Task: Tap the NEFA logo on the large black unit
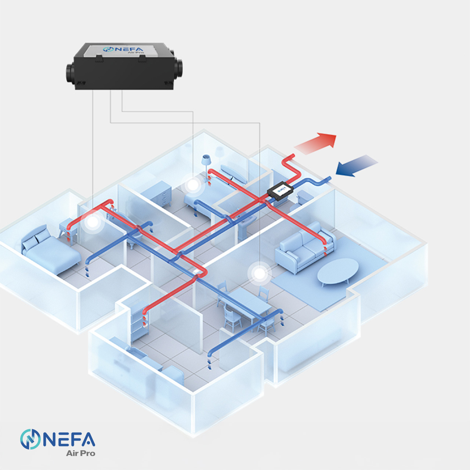[x=124, y=50]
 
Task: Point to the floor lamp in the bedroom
[x=206, y=162]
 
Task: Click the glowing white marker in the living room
[x=260, y=274]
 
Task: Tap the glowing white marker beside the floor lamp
[x=192, y=185]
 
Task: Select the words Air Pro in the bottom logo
[x=80, y=453]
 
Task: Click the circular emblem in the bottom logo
[x=30, y=439]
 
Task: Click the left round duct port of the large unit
[x=70, y=72]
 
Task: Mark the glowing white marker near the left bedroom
[x=93, y=222]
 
